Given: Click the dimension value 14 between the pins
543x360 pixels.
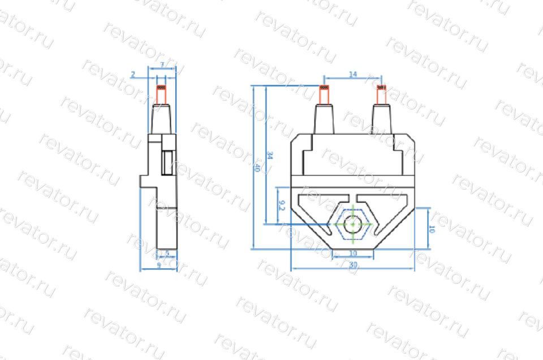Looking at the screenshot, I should point(352,74).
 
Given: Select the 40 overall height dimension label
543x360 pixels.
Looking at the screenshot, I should point(258,168).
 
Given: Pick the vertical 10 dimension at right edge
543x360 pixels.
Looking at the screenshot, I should point(431,229).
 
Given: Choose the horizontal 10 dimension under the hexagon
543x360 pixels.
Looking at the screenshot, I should point(353,253).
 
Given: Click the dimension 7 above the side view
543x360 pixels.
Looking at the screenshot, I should point(162,66).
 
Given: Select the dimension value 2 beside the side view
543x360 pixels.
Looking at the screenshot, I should point(132,74).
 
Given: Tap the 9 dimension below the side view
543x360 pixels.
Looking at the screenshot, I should point(158,264).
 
